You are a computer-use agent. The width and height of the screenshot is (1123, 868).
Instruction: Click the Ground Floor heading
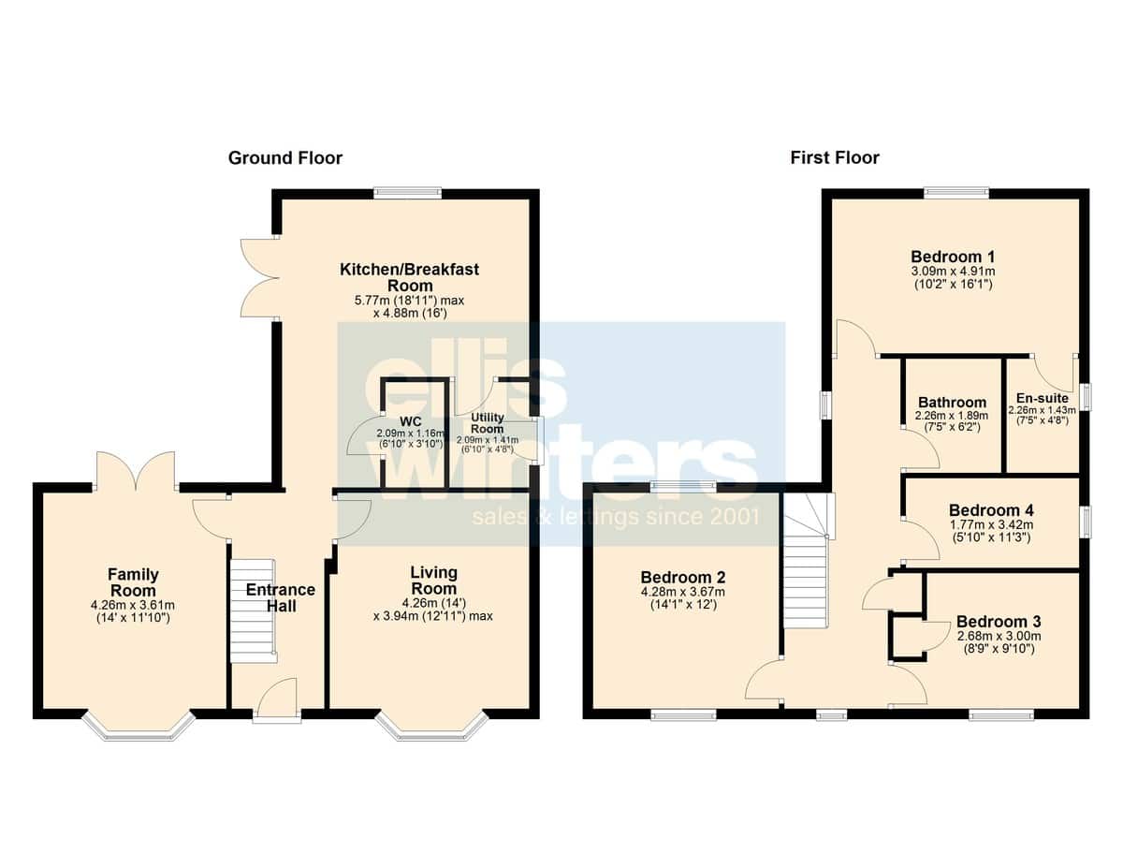pos(285,157)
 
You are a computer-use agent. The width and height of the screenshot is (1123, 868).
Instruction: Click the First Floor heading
pos(835,157)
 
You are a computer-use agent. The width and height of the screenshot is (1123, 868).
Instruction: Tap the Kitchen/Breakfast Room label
pos(409,277)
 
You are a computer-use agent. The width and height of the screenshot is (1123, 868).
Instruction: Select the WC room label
pos(410,420)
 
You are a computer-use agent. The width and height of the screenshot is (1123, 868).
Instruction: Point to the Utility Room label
pos(488,423)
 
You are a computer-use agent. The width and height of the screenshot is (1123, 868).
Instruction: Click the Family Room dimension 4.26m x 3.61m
pos(133,605)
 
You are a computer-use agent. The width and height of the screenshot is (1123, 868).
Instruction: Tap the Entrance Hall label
pos(281,597)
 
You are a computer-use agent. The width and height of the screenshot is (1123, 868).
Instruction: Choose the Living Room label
pos(433,580)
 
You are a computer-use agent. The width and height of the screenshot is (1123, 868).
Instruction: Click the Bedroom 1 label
pos(953,257)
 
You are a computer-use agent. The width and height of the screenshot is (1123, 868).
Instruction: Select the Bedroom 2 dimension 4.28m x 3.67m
pos(682,592)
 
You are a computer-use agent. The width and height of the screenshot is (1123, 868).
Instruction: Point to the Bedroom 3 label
pos(999,621)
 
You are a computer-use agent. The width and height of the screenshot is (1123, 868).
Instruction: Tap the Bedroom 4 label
pos(991,509)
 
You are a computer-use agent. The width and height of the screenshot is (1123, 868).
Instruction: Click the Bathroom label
pos(952,403)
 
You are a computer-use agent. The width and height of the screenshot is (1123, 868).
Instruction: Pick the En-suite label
pos(1043,398)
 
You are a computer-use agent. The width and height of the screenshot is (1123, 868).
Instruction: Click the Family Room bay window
pos(139,727)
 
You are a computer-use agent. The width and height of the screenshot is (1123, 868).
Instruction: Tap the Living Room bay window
pos(431,727)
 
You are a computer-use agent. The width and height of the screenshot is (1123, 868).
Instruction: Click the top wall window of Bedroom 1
pos(956,193)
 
